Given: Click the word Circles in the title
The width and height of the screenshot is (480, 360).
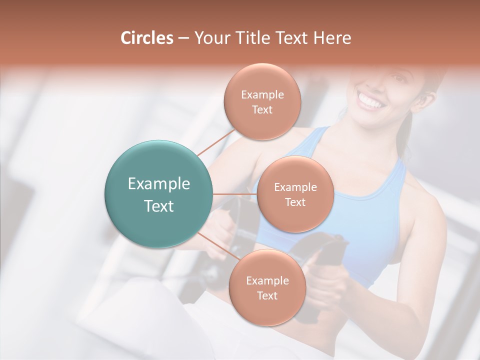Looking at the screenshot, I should click(146, 38).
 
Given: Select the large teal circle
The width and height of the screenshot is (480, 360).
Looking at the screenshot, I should click(158, 194).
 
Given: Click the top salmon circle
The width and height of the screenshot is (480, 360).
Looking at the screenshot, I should click(262, 102).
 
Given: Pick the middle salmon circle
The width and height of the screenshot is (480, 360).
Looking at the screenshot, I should click(295, 194).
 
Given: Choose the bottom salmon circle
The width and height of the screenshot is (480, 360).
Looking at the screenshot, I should click(267, 288).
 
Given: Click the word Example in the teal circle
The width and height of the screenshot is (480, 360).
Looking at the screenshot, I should click(158, 183).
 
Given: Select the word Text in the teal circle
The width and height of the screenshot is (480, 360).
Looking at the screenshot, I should click(158, 206).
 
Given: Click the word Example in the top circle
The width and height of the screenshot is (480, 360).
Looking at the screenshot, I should click(262, 94).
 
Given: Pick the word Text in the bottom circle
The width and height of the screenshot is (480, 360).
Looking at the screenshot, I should click(267, 295).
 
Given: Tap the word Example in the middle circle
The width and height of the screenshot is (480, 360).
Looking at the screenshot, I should click(295, 187).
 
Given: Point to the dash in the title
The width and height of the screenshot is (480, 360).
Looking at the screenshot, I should click(183, 38).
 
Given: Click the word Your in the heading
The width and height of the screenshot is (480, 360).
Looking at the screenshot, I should click(210, 38).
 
